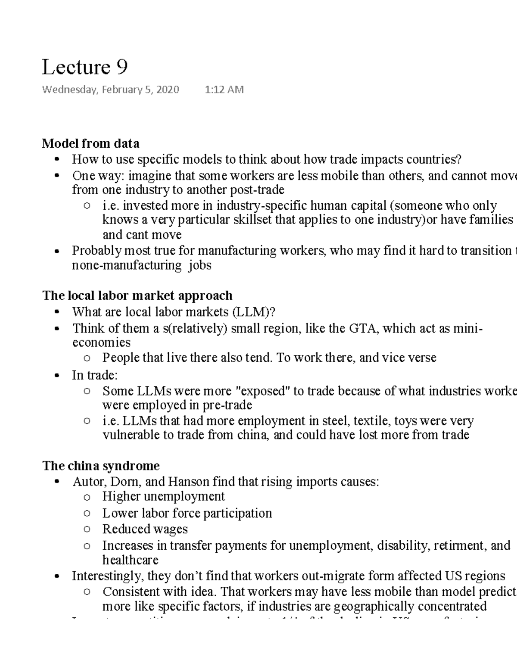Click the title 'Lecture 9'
pos(84,67)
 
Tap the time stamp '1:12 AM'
pos(224,90)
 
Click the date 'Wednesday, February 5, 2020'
pos(110,90)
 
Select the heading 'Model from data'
pos(90,143)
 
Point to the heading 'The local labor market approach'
pos(137,296)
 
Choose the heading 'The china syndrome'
pos(101,466)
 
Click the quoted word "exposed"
pos(264,391)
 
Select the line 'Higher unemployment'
pos(163,497)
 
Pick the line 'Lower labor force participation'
pos(187,513)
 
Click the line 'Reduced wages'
pos(145,529)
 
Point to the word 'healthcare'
pos(130,560)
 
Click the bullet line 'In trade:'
pos(94,375)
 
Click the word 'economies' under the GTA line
pos(101,342)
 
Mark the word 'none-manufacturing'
pos(126,265)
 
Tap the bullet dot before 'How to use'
pos(56,160)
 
